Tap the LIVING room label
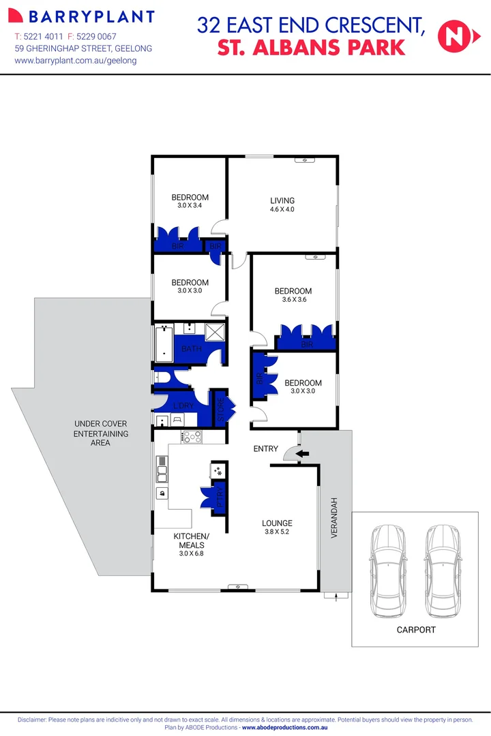pyautogui.click(x=282, y=200)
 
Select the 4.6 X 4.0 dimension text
pyautogui.click(x=282, y=209)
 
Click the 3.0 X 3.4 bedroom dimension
pyautogui.click(x=190, y=206)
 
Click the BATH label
pyautogui.click(x=192, y=350)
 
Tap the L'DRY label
pyautogui.click(x=183, y=407)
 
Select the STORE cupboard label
pyautogui.click(x=221, y=409)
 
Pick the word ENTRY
pyautogui.click(x=266, y=448)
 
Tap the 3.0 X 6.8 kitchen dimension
pyautogui.click(x=191, y=554)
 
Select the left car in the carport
pyautogui.click(x=387, y=562)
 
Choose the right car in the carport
pyautogui.click(x=443, y=562)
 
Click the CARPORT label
pyautogui.click(x=416, y=630)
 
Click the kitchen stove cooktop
pyautogui.click(x=190, y=438)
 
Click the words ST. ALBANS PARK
pyautogui.click(x=311, y=48)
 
